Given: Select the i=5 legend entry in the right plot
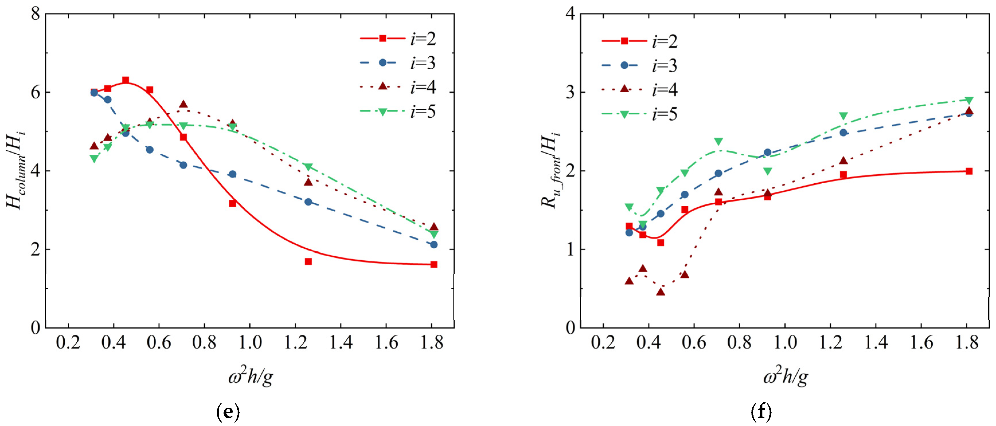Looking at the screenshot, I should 640,114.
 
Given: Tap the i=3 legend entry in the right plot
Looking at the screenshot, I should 640,65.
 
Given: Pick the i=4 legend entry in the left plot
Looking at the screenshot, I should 398,87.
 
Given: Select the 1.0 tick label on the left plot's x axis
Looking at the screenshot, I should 250,343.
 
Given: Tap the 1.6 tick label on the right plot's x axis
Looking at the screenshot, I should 921,343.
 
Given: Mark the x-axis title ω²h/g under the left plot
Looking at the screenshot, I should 251,377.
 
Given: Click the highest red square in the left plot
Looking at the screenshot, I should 125,80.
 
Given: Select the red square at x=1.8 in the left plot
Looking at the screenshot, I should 434,264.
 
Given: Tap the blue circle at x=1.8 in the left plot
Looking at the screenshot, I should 434,245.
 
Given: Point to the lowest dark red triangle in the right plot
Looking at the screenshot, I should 660,292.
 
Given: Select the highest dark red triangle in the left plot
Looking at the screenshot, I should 183,104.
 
